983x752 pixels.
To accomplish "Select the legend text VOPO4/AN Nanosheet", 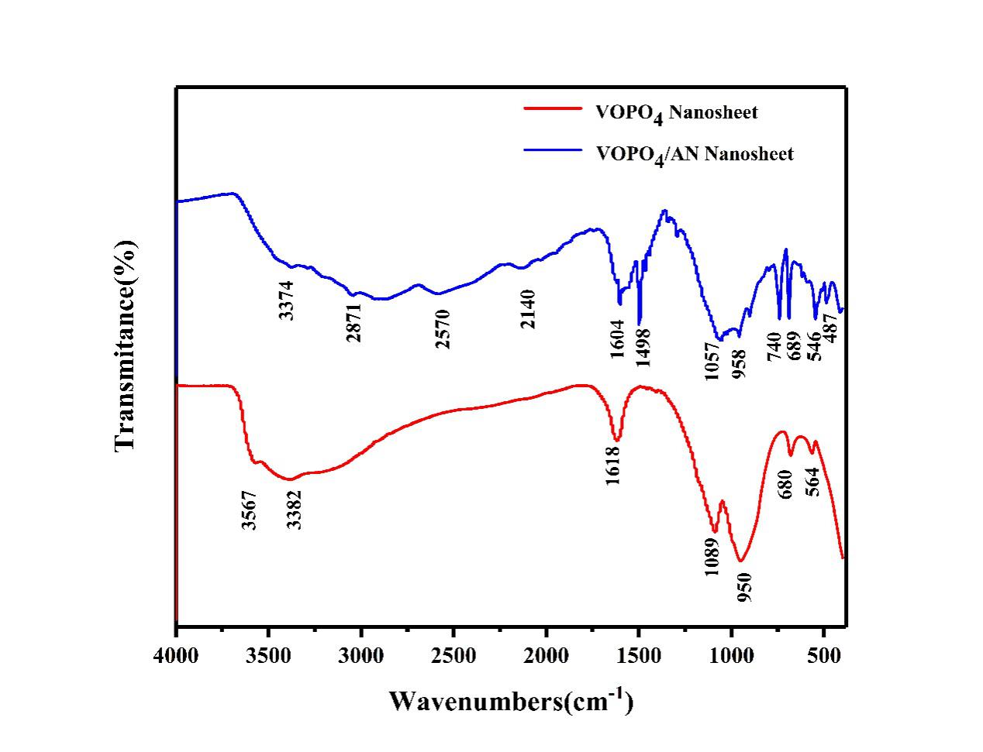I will (695, 153).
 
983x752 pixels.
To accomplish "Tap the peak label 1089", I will (712, 556).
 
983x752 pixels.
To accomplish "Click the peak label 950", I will (744, 586).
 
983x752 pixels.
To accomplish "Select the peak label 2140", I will (528, 308).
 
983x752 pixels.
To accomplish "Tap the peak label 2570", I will (443, 328).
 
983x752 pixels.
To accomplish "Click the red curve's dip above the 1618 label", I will (616, 439).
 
